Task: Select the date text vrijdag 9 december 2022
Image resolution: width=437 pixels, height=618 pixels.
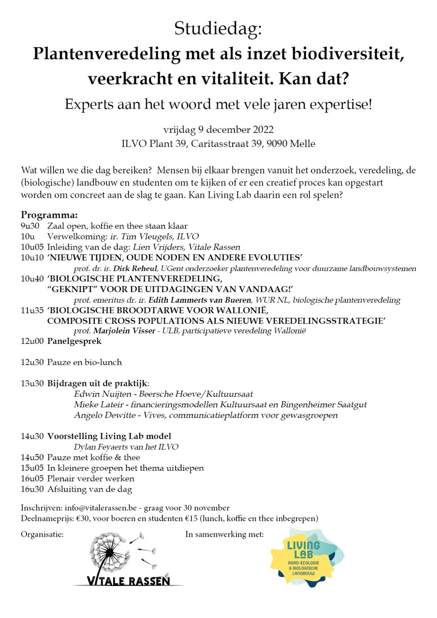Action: click(218, 130)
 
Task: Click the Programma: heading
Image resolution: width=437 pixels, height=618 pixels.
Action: click(49, 215)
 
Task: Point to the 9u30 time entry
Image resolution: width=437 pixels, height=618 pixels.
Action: click(30, 226)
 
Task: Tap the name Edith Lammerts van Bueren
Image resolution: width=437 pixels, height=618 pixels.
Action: click(199, 300)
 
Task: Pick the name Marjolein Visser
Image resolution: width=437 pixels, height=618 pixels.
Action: click(124, 331)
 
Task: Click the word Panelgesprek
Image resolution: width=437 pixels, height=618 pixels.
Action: click(74, 341)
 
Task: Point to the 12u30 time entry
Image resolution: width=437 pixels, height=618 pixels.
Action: click(32, 362)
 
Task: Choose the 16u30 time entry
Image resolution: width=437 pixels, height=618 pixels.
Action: click(32, 489)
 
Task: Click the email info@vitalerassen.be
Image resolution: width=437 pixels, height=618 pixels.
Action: click(101, 508)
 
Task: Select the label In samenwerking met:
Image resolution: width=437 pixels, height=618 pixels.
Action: click(224, 534)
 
